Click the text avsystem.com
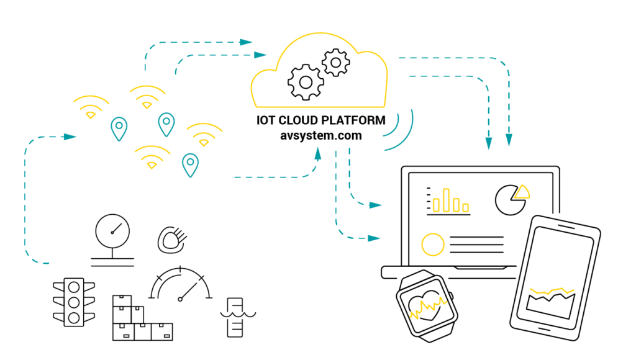[320, 135]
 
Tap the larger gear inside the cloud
[305, 81]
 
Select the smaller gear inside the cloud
[336, 62]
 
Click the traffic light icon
[74, 302]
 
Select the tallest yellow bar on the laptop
[447, 198]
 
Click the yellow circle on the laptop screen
[433, 244]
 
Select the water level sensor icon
[234, 317]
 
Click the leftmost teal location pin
[119, 128]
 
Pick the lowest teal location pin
[190, 164]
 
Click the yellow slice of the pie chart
[522, 191]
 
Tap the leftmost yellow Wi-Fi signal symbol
[91, 107]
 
